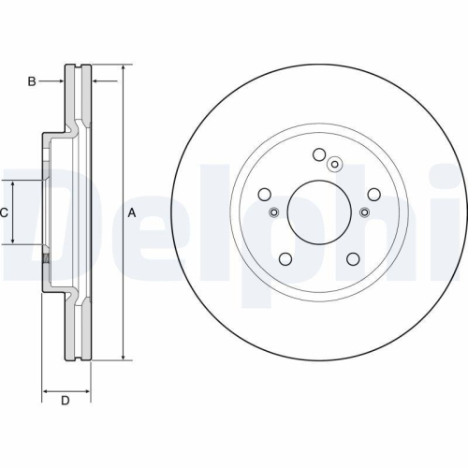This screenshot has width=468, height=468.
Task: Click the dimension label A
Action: coord(132,213)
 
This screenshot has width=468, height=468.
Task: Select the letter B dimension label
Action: coord(31,82)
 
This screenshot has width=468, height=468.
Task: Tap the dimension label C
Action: coord(4,213)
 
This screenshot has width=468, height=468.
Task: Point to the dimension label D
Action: coord(66,402)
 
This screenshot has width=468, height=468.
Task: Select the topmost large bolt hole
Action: coord(318,155)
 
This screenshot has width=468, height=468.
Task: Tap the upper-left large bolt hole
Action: coord(265,194)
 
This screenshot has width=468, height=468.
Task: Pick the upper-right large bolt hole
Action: coord(373,194)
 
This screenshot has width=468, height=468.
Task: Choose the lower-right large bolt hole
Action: coord(352,259)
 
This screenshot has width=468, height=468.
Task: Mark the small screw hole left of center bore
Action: coord(273,212)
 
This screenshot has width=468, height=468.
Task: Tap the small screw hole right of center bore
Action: coord(364,212)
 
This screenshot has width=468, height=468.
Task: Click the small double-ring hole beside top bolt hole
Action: coord(336,165)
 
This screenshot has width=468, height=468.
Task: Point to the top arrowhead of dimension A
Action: coord(123,68)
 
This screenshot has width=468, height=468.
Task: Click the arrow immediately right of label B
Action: coord(58,82)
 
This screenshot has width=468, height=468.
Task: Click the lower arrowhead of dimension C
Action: coord(13,241)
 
